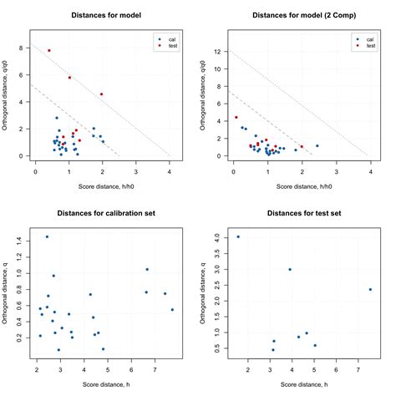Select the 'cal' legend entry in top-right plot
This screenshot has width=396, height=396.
363,38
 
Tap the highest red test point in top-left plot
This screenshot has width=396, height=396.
49,50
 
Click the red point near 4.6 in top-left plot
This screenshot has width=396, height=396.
101,94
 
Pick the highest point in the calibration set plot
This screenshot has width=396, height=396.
47,236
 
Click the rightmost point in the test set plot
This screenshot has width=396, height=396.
370,290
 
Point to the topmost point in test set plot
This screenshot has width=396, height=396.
238,236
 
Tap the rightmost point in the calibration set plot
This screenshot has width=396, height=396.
172,310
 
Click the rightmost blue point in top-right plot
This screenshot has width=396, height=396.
317,145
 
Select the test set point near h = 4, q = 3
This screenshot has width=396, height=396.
290,269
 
